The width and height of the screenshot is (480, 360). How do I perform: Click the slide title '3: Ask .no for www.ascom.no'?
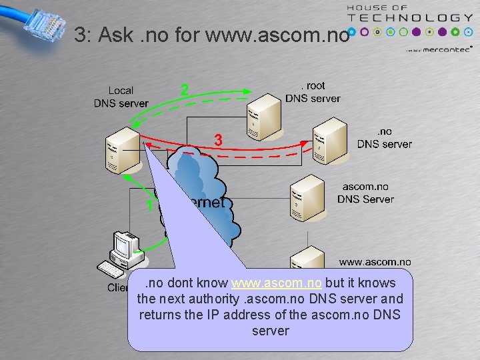211,35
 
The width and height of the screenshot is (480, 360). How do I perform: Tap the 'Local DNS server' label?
121,97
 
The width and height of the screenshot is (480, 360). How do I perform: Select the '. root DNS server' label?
313,92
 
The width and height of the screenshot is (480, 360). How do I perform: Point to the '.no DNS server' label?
384,137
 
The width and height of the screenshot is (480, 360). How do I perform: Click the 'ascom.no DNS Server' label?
365,193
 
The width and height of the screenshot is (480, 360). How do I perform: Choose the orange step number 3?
217,140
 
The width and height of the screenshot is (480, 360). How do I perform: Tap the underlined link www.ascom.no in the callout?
277,283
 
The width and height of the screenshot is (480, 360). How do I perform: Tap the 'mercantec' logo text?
447,49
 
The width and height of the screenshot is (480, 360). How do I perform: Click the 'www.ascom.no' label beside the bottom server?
375,262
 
